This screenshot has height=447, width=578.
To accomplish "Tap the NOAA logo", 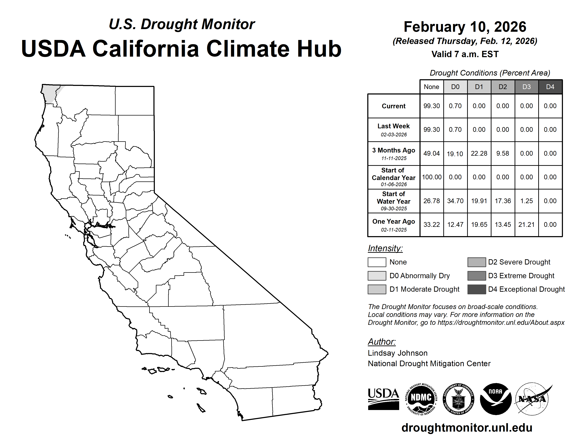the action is (x=496, y=399).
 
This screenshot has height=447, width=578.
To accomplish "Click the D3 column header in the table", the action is (x=526, y=87).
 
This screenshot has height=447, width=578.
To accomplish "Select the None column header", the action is (x=431, y=87).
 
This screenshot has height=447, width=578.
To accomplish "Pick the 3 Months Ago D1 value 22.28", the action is (x=479, y=154).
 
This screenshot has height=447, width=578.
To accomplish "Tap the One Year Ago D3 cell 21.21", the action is (x=526, y=225).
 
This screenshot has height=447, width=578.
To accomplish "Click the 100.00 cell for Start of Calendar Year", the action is (x=432, y=177).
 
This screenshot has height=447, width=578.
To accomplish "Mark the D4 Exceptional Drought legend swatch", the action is (x=477, y=289).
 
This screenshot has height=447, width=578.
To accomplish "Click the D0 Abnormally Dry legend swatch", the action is (x=377, y=276).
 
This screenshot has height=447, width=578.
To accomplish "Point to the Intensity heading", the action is (x=385, y=248).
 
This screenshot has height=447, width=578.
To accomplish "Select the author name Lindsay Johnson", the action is (x=398, y=353).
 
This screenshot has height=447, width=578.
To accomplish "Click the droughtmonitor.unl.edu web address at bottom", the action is (x=467, y=428).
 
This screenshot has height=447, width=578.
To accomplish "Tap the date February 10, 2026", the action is (x=465, y=27).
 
